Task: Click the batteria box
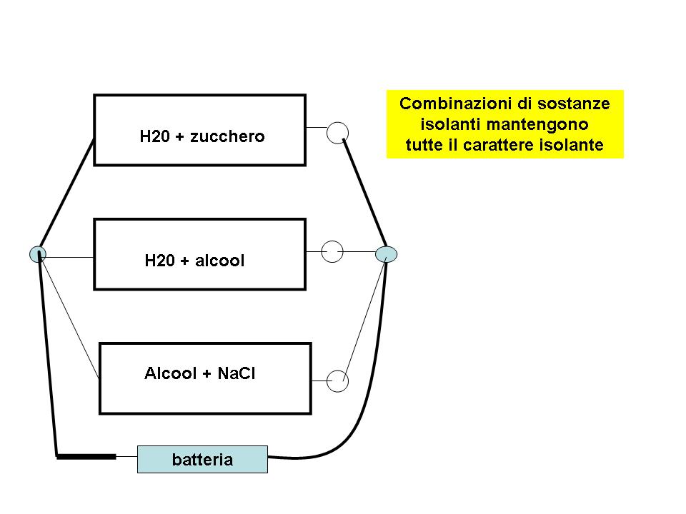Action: click(202, 460)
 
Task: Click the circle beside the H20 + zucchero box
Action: click(337, 132)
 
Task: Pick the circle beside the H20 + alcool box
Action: click(332, 252)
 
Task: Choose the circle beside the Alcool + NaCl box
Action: click(337, 381)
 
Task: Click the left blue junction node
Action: click(38, 253)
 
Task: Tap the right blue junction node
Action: click(386, 253)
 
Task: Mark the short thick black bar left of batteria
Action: click(86, 455)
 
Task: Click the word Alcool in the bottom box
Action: click(169, 373)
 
